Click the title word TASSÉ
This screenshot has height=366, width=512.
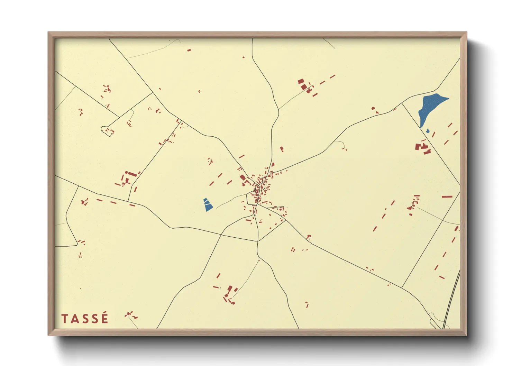[x=85, y=319]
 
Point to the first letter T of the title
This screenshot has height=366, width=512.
[x=64, y=319]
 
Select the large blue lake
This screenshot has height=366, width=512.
[x=430, y=107]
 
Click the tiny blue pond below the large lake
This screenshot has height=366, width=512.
[x=428, y=131]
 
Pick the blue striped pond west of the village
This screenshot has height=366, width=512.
[x=208, y=205]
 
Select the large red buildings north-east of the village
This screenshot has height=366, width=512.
[x=302, y=84]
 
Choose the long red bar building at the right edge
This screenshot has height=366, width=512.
[x=447, y=196]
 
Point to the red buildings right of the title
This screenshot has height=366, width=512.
[x=131, y=315]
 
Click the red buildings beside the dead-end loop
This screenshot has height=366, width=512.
[x=110, y=131]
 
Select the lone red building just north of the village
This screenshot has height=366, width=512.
[x=282, y=149]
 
